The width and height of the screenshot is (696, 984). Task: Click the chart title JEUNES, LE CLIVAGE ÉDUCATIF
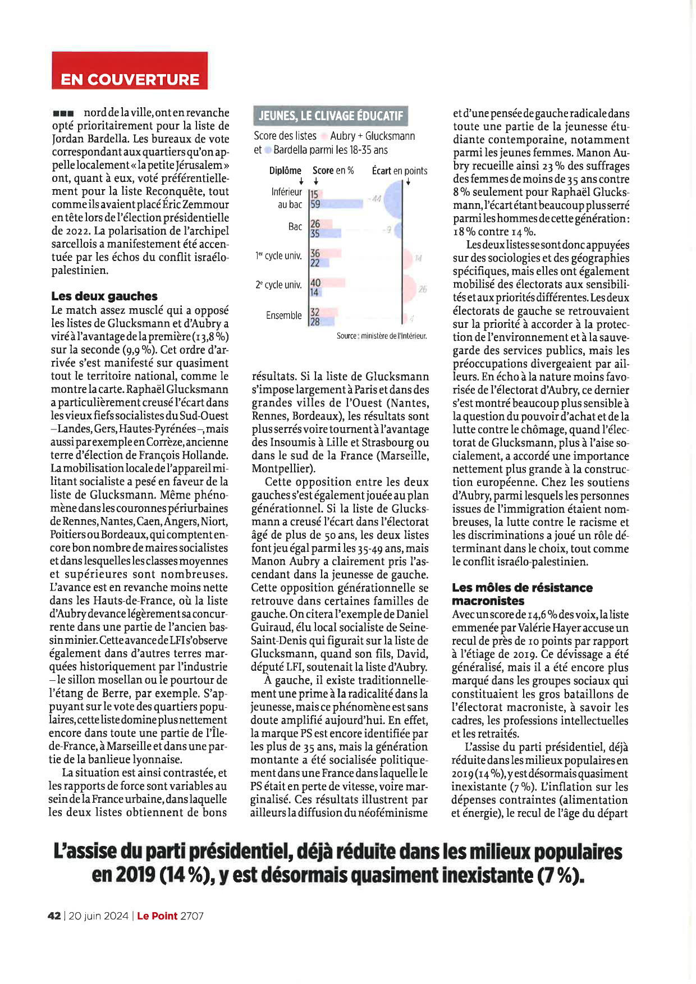331,116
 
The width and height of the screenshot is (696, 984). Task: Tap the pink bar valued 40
328,282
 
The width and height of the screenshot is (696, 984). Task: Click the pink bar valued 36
326,253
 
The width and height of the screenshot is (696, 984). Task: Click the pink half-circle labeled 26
410,289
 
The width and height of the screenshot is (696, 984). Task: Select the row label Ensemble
283,315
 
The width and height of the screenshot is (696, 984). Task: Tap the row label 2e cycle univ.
278,285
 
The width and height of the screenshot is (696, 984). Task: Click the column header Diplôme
285,171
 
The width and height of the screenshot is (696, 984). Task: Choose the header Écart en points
400,171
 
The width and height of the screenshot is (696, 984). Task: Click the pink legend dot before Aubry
324,136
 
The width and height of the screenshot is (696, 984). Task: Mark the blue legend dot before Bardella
268,150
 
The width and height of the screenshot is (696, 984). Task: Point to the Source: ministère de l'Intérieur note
382,336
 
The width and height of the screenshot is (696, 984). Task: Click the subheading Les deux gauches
104,296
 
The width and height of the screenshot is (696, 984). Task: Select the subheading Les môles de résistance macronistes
522,594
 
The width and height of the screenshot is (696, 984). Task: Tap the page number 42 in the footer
54,916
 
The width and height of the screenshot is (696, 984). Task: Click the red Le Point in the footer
157,916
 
